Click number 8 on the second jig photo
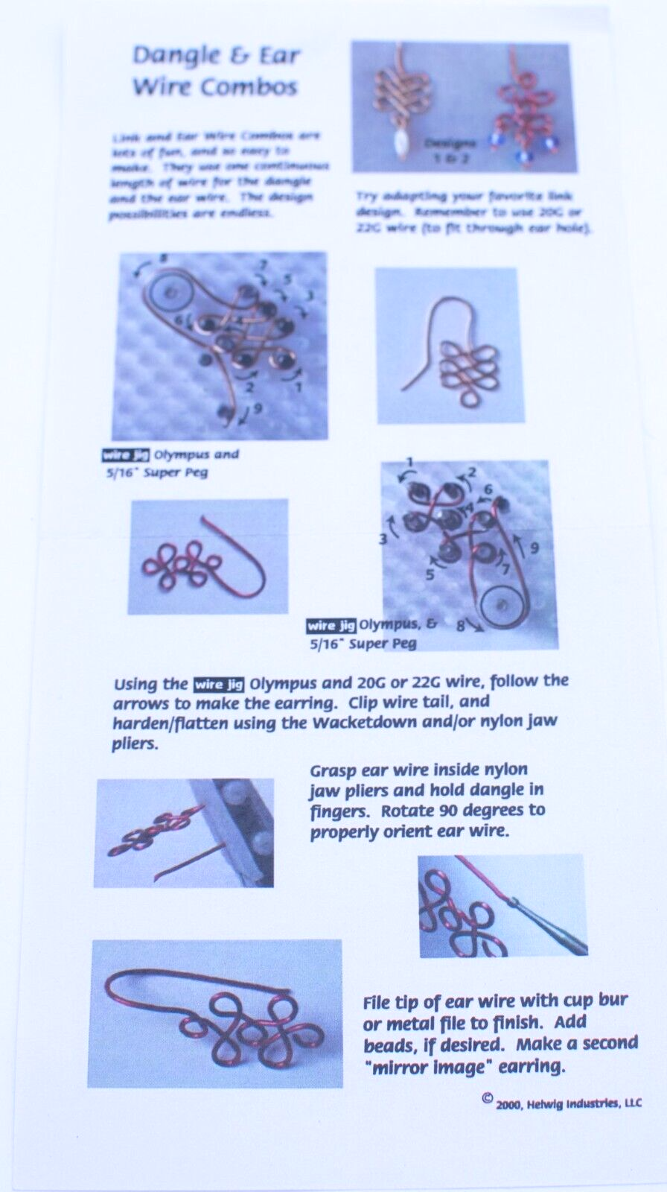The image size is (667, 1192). (x=462, y=627)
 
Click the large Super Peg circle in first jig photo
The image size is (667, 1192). (x=170, y=294)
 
